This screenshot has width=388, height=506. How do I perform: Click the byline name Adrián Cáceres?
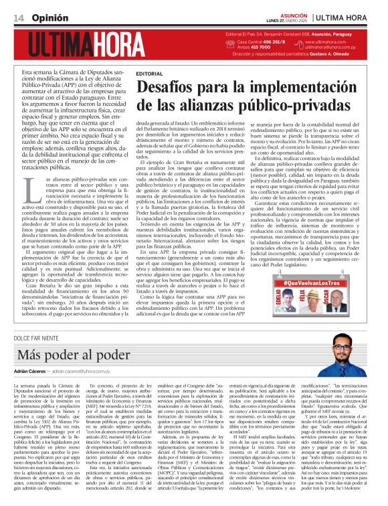(x=30, y=370)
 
